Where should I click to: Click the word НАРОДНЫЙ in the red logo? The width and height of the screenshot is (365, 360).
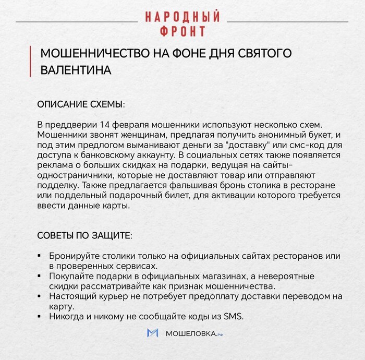click(182, 16)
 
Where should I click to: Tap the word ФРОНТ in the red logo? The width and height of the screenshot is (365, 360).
click(182, 31)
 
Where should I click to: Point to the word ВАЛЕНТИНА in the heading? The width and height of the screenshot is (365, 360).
click(76, 70)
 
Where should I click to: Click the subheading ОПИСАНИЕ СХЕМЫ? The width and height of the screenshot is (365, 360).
click(81, 104)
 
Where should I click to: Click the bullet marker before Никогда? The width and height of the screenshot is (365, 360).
click(40, 317)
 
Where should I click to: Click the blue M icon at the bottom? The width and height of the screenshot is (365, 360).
click(153, 333)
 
